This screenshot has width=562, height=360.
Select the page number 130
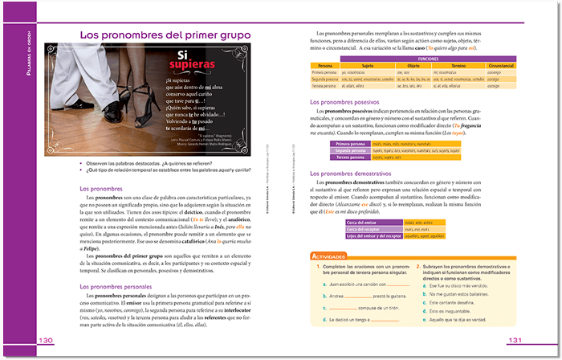click(46, 341)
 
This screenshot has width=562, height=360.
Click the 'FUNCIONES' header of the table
click(427, 59)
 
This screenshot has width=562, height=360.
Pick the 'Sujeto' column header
click(368, 65)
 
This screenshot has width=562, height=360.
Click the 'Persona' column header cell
click(325, 65)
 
